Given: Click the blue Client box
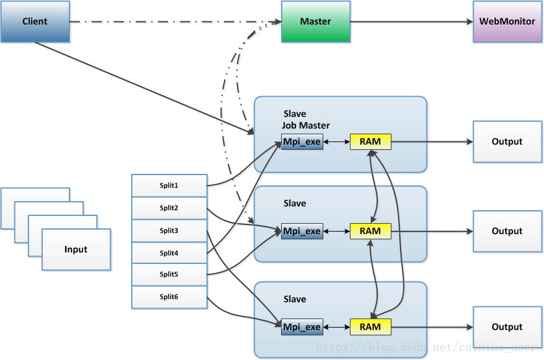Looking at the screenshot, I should click(34, 21).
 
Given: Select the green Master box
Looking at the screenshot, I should click(315, 21).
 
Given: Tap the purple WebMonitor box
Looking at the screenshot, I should click(507, 21).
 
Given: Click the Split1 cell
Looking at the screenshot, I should click(169, 186).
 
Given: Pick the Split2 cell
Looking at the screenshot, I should click(169, 208).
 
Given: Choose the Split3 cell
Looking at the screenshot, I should click(169, 230).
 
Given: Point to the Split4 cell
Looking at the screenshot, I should click(169, 253).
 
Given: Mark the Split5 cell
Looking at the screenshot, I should click(169, 274).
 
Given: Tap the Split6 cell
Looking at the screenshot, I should click(169, 296).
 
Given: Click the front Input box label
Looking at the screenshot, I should click(76, 250).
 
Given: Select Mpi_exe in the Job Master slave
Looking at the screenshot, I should click(302, 141).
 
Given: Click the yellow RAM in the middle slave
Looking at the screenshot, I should click(370, 231).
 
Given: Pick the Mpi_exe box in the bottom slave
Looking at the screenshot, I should click(302, 327).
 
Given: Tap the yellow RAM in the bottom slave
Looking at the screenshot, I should click(370, 327).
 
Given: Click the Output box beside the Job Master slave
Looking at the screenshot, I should click(507, 141).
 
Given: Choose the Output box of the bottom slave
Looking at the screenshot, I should click(507, 327).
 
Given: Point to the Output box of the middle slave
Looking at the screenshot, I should click(507, 231).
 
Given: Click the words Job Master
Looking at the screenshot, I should click(306, 125).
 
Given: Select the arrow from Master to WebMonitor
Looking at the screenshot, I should click(412, 21).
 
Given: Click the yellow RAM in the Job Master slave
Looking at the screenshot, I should click(370, 141).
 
